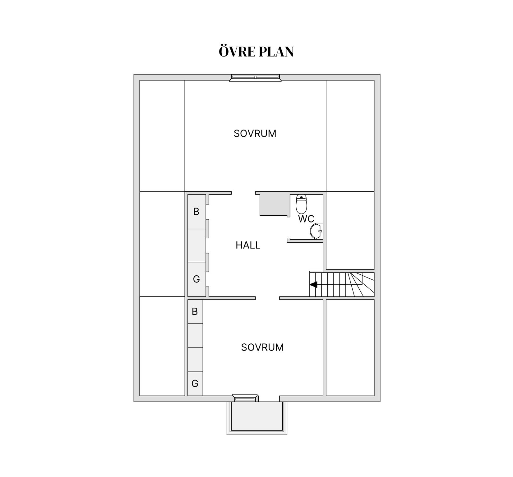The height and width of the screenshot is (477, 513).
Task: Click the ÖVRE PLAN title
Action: point(256,52)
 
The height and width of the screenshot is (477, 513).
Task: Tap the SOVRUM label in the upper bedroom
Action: point(255,134)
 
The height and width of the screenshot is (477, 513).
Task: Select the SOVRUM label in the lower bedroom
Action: point(262,347)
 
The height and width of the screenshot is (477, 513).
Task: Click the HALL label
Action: point(248,245)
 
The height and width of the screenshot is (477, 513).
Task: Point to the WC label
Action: point(306,219)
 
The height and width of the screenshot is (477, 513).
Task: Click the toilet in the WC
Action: point(301,204)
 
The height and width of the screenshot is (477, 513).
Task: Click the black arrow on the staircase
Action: point(313,284)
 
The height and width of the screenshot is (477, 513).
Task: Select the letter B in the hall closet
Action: point(196,212)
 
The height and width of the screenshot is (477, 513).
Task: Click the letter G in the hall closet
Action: point(196,279)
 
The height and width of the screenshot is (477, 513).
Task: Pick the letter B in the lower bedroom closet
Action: point(195,311)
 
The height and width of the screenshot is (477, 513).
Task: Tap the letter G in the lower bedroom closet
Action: point(195,383)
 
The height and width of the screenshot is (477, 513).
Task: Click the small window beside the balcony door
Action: point(245,398)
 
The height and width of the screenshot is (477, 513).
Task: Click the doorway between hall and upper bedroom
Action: point(243,193)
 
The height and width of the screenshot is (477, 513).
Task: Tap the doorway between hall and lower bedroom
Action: point(267,298)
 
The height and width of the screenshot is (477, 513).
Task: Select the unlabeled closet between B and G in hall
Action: point(197,245)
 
